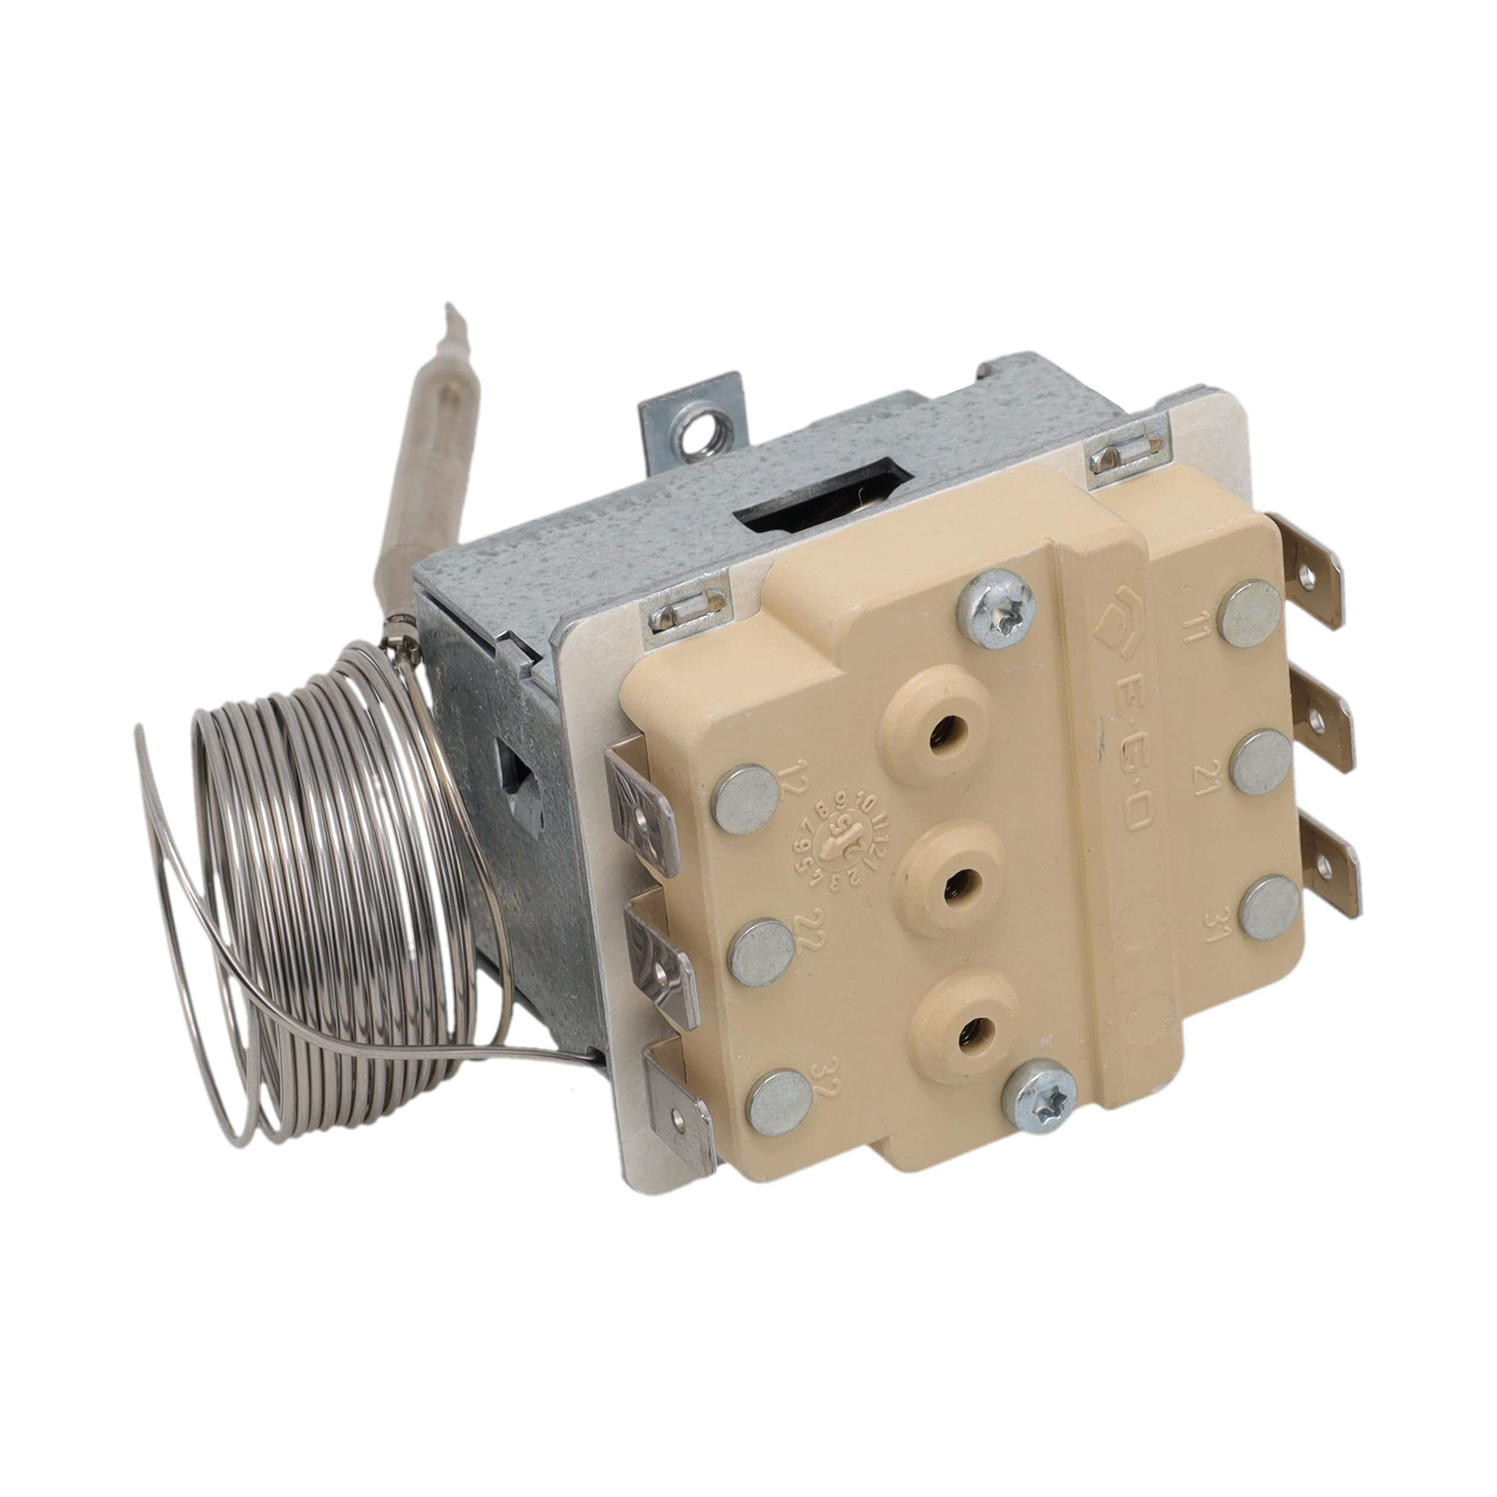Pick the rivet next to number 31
click(1271, 910)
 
